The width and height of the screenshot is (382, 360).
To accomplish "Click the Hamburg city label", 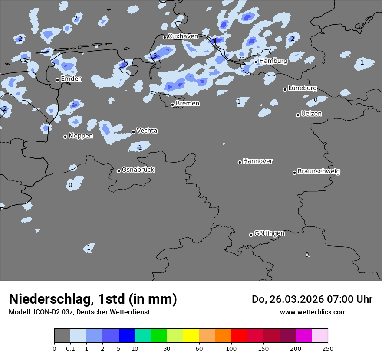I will pos(273,61).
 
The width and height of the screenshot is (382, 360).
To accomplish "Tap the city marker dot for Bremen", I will pos(172,105).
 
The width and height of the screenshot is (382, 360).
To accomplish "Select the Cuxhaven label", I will pos(183,36).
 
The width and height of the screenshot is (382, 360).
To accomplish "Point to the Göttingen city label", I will pos(269,234).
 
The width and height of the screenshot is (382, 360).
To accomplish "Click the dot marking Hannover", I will pos(240,162).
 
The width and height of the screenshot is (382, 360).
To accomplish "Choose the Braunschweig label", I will pos(319,172).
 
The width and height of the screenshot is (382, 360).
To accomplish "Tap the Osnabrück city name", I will pos(138,170).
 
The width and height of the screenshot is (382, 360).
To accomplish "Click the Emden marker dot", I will pos(57,80).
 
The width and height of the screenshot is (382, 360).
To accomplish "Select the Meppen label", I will pos(81,136).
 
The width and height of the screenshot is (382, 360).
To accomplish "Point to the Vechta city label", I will pos(147,131).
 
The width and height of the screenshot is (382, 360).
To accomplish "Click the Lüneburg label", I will pos(302,88).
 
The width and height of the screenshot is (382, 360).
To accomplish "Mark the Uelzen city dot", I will pos(298,115).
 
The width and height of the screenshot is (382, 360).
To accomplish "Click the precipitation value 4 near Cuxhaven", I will pos(214,41).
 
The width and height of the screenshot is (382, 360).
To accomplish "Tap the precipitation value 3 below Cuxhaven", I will pos(155,56).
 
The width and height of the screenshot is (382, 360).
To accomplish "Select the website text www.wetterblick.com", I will pos(313,312).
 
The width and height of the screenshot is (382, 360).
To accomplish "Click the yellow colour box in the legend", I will pos(191,336).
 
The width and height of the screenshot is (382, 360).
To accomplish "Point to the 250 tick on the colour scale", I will pos(328,348).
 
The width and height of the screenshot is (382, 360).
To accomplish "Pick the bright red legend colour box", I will pos(239,336).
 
